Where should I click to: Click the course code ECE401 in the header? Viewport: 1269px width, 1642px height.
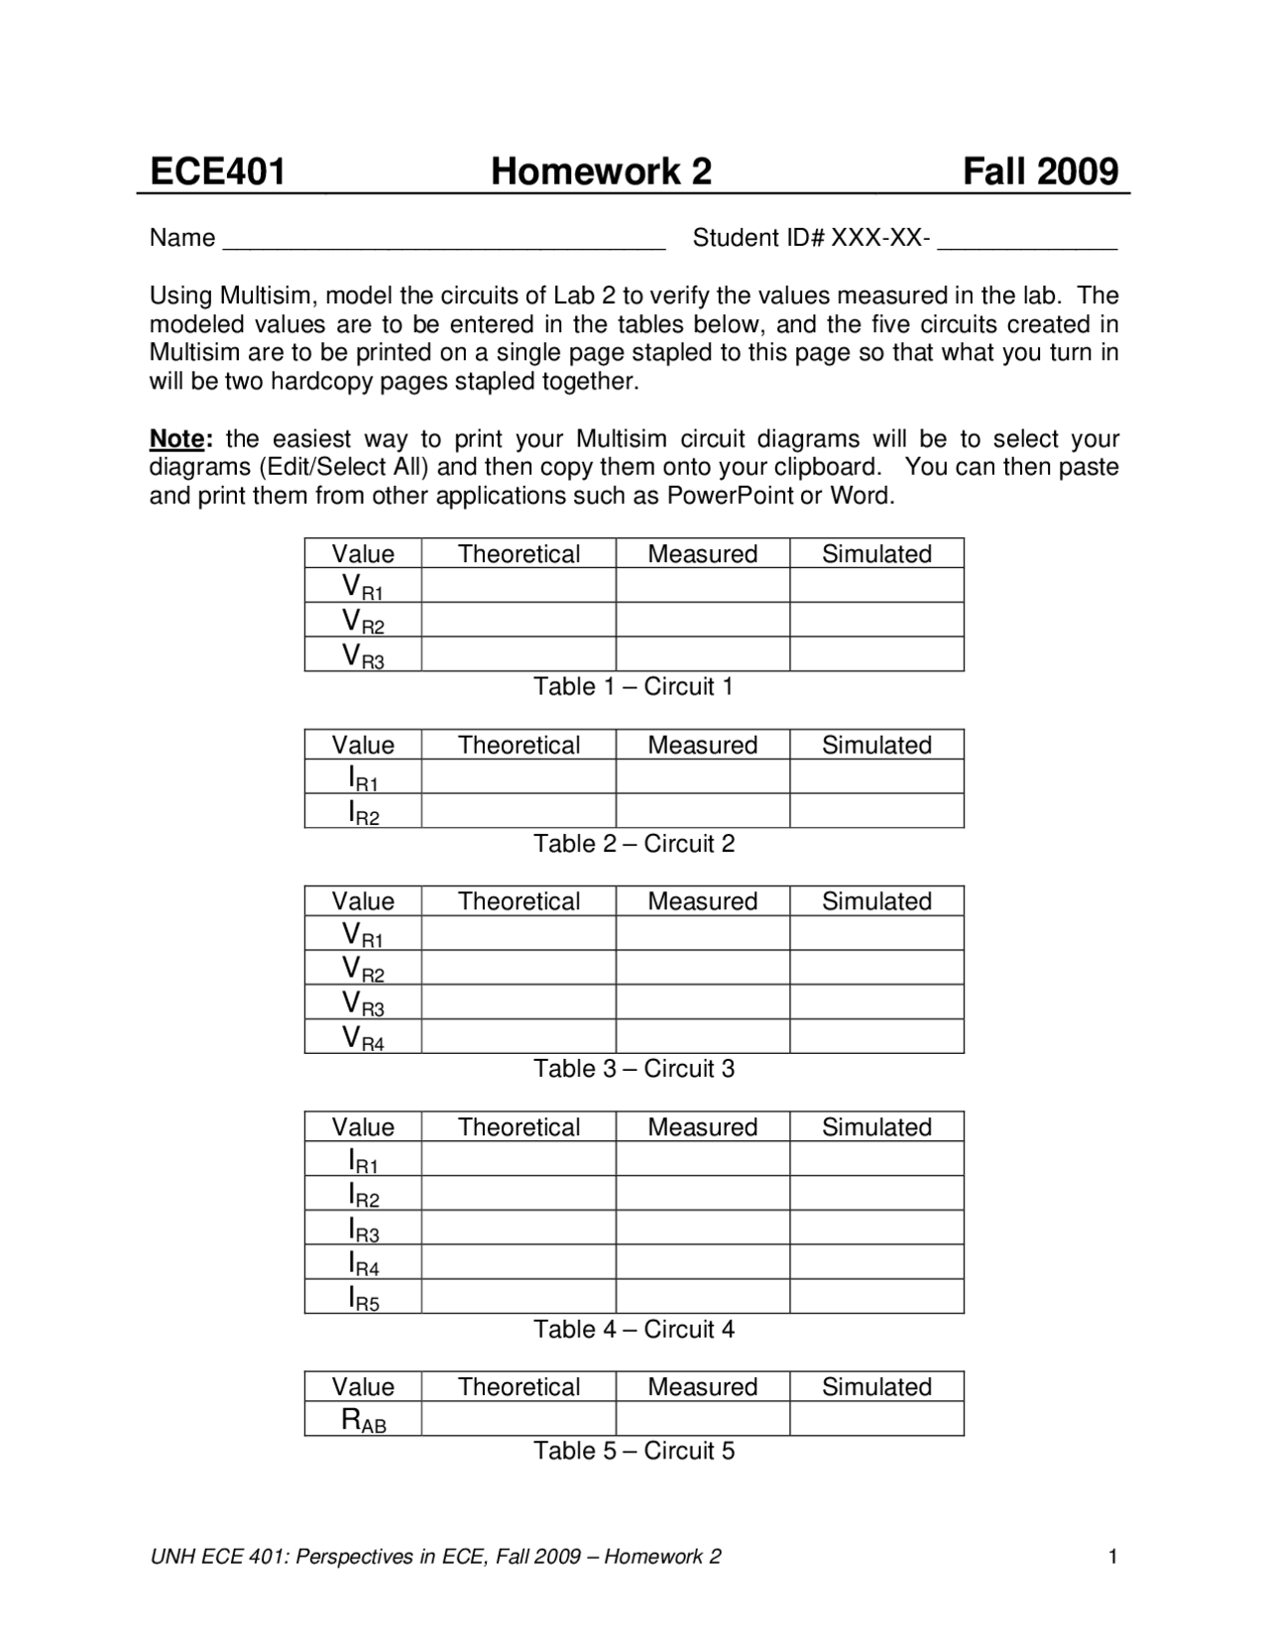point(217,172)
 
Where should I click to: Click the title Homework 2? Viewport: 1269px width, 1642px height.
point(601,172)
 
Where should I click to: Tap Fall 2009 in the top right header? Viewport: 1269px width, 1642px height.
point(1040,172)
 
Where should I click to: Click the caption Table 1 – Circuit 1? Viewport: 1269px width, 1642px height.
point(634,687)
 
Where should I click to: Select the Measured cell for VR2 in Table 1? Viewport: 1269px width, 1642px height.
point(702,620)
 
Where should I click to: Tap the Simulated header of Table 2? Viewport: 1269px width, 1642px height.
point(876,745)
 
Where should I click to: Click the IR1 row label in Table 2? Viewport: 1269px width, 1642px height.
point(363,778)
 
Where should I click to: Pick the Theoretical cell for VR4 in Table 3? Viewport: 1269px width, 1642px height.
point(518,1036)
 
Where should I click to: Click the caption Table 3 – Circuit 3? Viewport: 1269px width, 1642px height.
point(634,1069)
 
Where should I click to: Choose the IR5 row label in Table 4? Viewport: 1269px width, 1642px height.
point(363,1298)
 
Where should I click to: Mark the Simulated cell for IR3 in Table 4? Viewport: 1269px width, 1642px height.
point(876,1228)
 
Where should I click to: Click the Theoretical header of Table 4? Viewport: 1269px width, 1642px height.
point(518,1127)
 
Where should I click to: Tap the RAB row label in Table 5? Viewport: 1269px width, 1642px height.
point(363,1420)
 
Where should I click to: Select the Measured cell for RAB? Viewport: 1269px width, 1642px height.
point(702,1419)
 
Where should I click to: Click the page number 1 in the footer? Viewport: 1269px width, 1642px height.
point(1112,1557)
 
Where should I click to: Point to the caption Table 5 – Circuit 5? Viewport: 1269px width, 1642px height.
point(634,1452)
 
